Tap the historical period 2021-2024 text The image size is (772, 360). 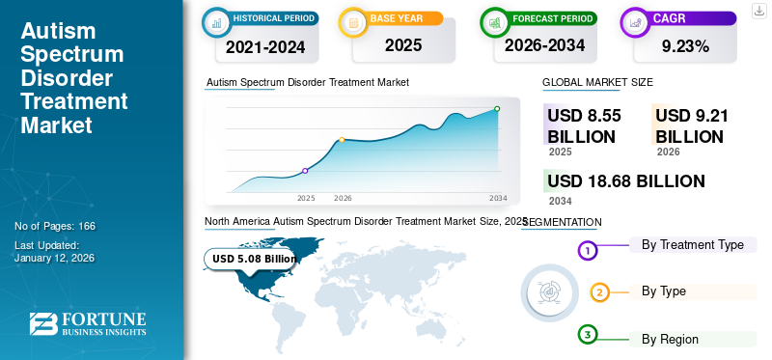click(264, 45)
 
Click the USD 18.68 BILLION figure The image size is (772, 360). click(625, 180)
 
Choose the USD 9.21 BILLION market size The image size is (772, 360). click(692, 126)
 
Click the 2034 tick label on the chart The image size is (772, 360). click(498, 198)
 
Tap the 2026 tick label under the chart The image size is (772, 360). click(343, 198)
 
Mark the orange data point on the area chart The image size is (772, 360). click(342, 140)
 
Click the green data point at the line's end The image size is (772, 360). click(497, 109)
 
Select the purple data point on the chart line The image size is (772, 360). click(305, 171)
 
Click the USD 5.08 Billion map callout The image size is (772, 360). click(254, 259)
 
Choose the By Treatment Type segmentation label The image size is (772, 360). click(692, 245)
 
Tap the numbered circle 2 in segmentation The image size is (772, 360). click(599, 292)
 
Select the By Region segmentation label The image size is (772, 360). click(670, 339)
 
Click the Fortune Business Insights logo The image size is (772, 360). click(88, 324)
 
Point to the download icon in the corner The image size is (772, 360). click(758, 11)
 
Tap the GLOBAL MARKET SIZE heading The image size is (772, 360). click(597, 83)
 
